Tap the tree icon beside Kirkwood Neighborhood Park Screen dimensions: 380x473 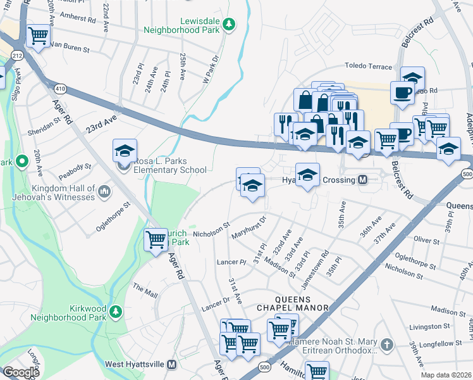tap(115, 311)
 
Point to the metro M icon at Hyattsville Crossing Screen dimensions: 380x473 tap(363, 180)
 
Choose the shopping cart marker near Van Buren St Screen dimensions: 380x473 tap(39, 35)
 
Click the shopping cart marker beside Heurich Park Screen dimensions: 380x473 tap(156, 239)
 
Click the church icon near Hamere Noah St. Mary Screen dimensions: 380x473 tap(386, 345)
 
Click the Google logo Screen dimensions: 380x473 tap(21, 372)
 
